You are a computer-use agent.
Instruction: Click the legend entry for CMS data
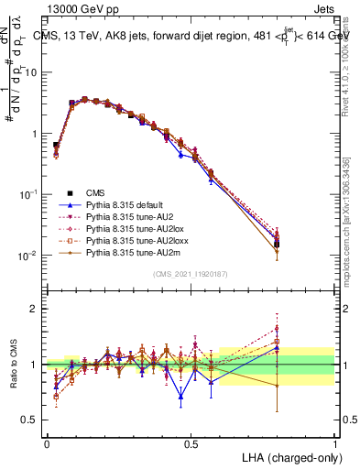click(96, 192)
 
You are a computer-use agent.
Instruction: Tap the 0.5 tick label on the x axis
click(191, 443)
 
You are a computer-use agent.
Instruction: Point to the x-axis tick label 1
click(334, 443)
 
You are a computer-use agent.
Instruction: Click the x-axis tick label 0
click(47, 443)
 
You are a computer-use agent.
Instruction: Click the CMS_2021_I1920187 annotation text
click(191, 275)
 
